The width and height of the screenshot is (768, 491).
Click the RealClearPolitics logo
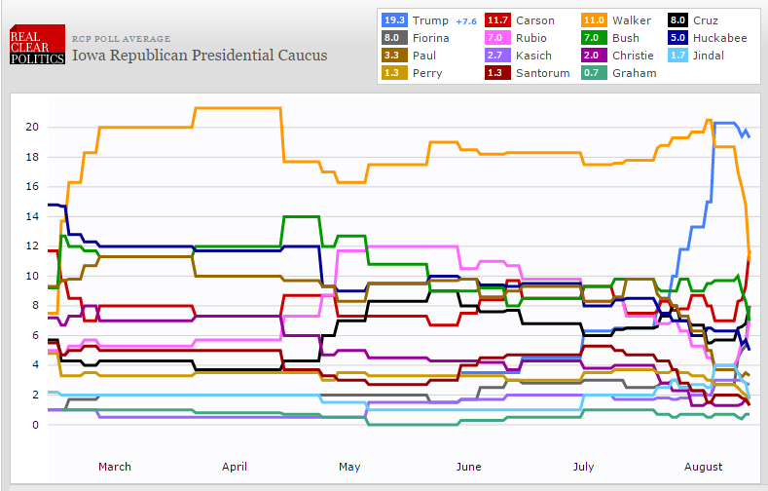pyautogui.click(x=37, y=45)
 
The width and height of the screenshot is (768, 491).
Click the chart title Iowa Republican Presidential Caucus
pyautogui.click(x=200, y=55)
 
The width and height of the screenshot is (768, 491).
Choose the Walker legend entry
pyautogui.click(x=632, y=19)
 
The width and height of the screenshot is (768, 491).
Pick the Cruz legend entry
pyautogui.click(x=722, y=19)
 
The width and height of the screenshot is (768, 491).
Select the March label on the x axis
pyautogui.click(x=114, y=467)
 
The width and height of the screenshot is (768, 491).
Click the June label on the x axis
pyautogui.click(x=469, y=467)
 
